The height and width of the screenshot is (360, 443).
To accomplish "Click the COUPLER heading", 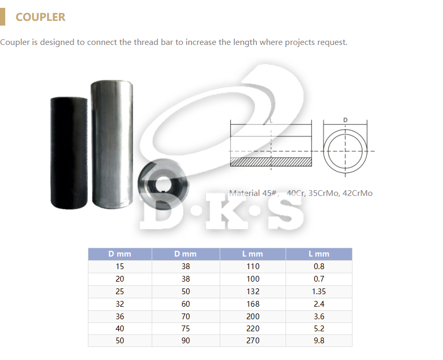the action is tap(40, 17).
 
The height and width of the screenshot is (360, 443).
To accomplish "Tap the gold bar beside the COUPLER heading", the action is tap(3, 17).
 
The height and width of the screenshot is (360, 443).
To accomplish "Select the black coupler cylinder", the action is tap(69, 153).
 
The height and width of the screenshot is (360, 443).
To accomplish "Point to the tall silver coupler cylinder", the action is tap(112, 144).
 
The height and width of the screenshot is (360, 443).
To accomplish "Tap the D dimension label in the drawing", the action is tap(345, 120).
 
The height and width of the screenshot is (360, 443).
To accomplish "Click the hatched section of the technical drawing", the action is tap(271, 161).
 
